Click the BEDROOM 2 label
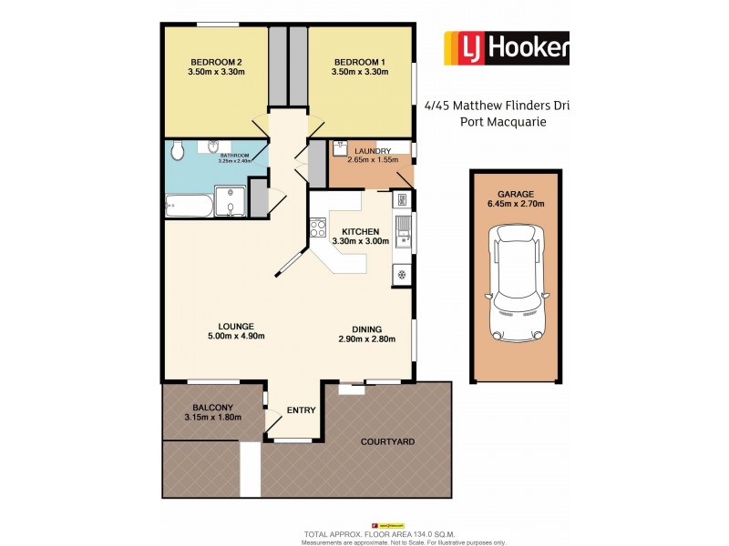[216, 61]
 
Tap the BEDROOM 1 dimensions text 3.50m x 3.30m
[362, 72]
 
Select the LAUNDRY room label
[373, 151]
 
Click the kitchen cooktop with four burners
[319, 227]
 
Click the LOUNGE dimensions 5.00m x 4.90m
[217, 337]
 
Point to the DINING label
[367, 329]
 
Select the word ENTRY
[301, 410]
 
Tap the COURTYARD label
[387, 441]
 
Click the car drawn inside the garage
[516, 281]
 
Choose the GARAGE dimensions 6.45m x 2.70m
[516, 204]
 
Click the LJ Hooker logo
[506, 48]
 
